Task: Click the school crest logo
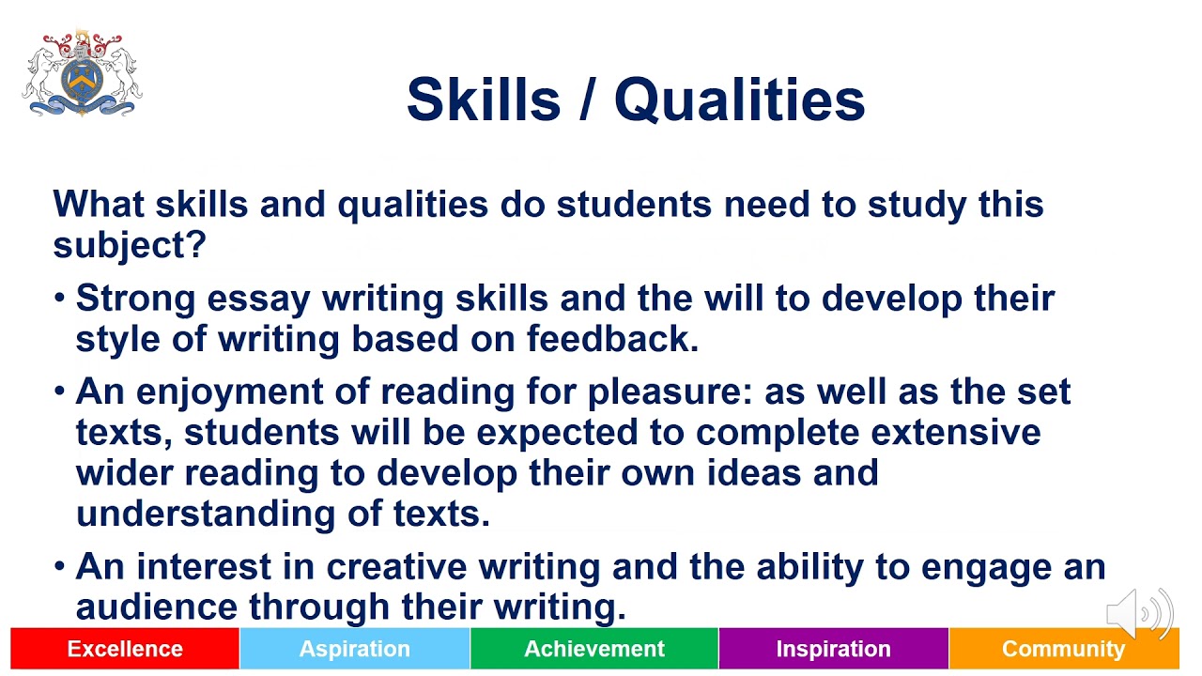(x=82, y=74)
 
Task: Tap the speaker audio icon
(x=1139, y=615)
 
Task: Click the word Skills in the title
(x=485, y=100)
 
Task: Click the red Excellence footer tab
(x=125, y=649)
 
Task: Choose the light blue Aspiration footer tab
(x=355, y=649)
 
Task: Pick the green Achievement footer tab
(x=594, y=649)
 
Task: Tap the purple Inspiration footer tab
(x=833, y=649)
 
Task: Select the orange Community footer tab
(x=1063, y=649)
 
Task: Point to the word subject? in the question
(x=129, y=246)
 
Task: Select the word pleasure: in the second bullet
(x=670, y=392)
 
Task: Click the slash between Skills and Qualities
(x=588, y=100)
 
